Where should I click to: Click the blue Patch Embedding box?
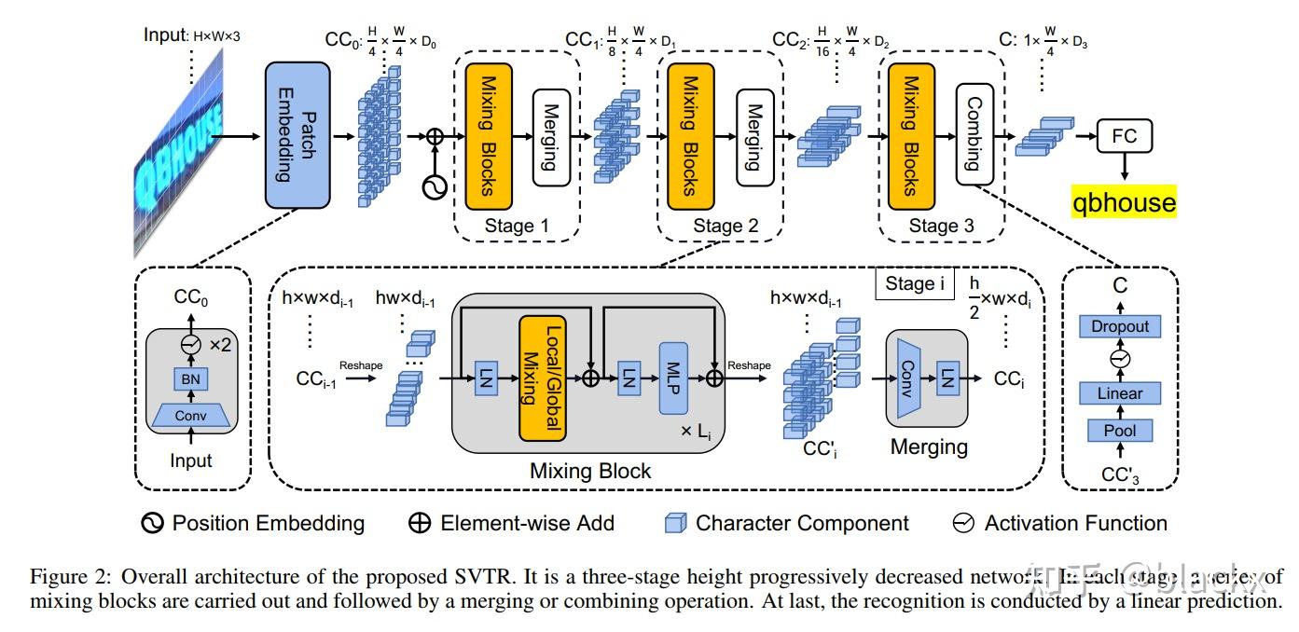(x=297, y=135)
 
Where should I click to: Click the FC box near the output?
(x=1124, y=137)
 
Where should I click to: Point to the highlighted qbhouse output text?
(x=1124, y=201)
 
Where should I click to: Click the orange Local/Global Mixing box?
(x=543, y=378)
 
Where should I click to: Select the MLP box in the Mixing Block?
(x=673, y=378)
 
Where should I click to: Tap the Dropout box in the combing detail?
(x=1120, y=326)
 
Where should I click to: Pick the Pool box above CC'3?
(x=1120, y=430)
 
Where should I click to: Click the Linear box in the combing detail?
(x=1120, y=392)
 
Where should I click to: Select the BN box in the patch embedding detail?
(x=191, y=378)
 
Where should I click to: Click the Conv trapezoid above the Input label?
(x=191, y=415)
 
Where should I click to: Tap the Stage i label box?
(x=914, y=283)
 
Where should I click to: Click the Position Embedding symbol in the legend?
(x=152, y=523)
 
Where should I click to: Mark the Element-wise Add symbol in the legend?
(x=421, y=523)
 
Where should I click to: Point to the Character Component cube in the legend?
(x=675, y=523)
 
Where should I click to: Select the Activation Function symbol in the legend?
(x=963, y=523)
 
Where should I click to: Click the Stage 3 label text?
(x=941, y=226)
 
